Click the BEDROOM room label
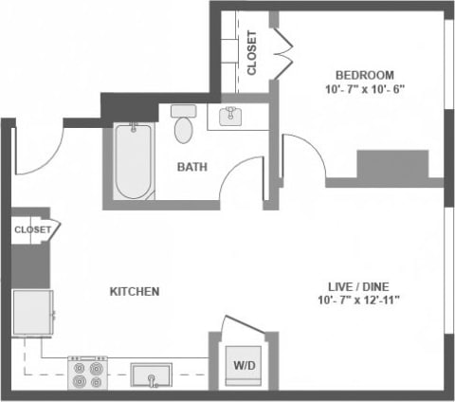click(x=364, y=75)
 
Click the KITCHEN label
click(x=134, y=291)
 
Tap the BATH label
click(x=193, y=168)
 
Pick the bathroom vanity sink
click(x=230, y=117)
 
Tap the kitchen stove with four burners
click(x=87, y=373)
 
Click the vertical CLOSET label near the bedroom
click(x=251, y=53)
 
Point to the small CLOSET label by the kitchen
click(x=31, y=228)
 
